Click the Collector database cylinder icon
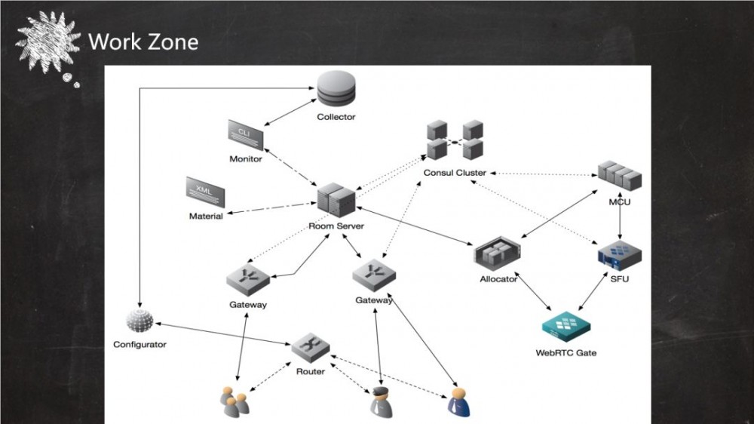(336, 90)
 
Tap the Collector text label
(336, 117)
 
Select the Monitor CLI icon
(246, 135)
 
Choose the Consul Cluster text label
(455, 173)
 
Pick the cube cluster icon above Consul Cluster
(455, 139)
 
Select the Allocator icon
(498, 255)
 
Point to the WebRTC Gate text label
(565, 352)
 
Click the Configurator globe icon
(139, 321)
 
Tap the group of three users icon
(232, 402)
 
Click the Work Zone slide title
(143, 41)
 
